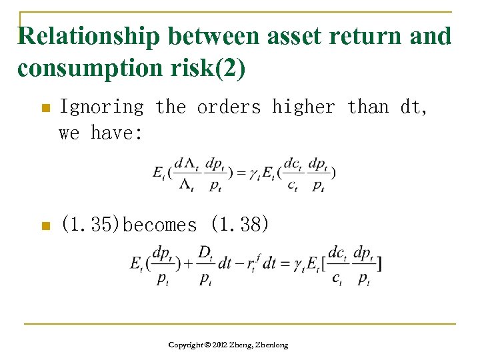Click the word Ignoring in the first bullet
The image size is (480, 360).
[x=101, y=107]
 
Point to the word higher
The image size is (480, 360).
[x=303, y=107]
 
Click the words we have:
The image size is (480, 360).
[x=101, y=133]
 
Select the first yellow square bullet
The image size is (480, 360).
[x=45, y=107]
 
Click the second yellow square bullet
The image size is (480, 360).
[x=45, y=226]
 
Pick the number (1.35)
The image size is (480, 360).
[x=91, y=225]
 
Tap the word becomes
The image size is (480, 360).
[x=160, y=225]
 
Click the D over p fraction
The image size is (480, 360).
[x=205, y=264]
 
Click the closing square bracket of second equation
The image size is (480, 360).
[x=378, y=264]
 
